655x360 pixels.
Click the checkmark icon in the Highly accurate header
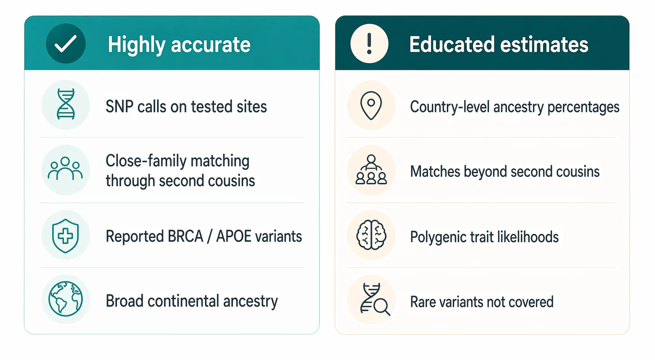65,44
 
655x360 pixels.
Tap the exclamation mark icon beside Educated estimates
369,44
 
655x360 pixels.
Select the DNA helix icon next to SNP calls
65,105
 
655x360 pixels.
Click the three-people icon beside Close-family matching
65,170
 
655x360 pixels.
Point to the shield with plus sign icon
65,235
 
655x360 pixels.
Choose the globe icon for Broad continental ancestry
65,299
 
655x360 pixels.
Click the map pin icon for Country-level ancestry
371,105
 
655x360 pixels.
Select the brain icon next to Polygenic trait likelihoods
371,235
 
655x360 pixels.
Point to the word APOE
233,236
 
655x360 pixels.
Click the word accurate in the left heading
211,45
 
